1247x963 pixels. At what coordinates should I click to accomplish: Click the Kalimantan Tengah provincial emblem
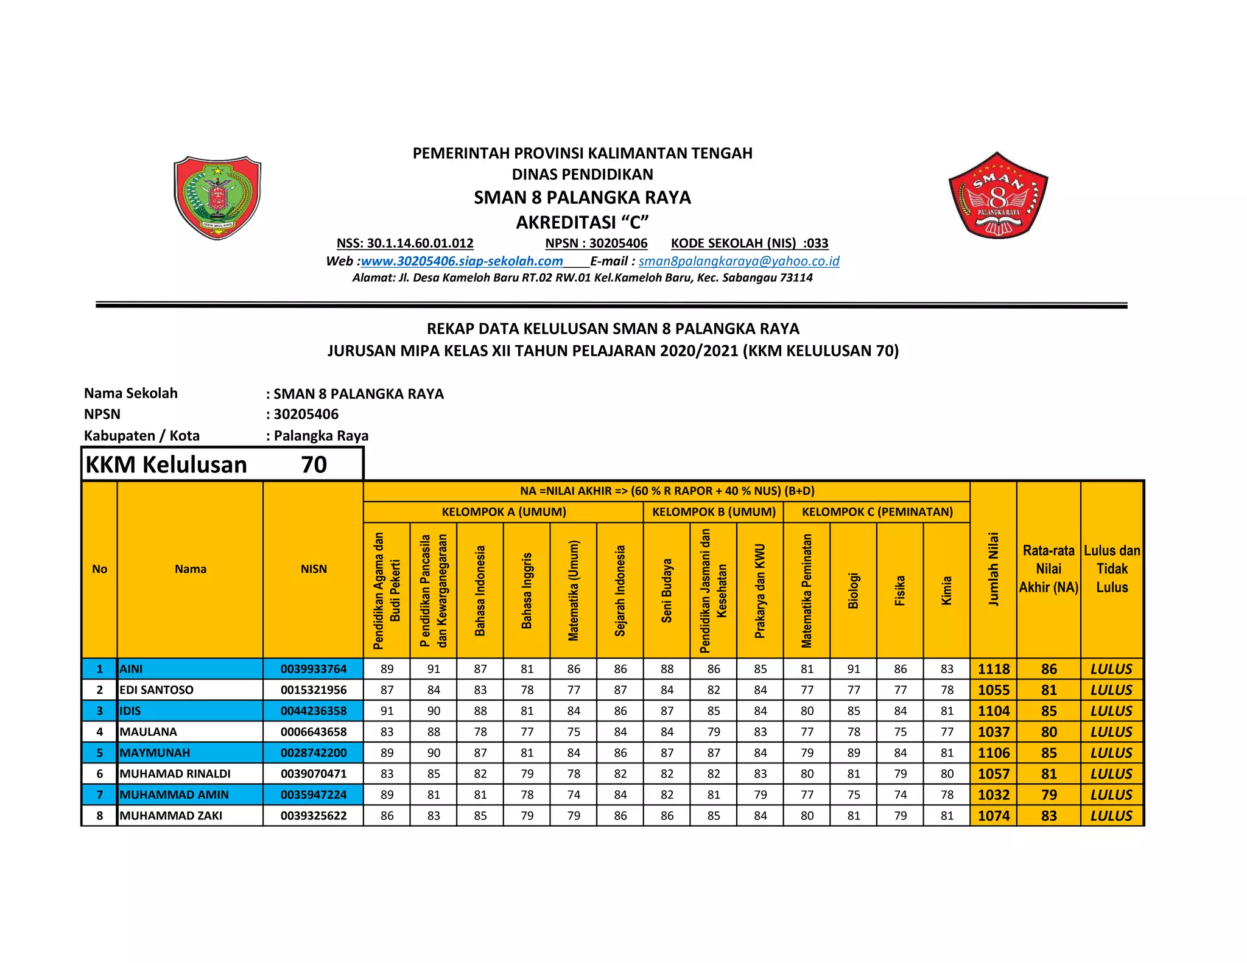(217, 197)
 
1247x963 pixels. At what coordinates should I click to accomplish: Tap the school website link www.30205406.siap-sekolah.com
(462, 261)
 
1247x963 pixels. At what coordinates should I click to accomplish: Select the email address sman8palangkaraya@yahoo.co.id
(739, 261)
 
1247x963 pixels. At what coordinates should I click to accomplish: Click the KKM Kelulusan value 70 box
(314, 464)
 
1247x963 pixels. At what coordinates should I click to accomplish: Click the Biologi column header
(854, 590)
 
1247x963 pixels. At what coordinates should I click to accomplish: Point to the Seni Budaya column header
(667, 590)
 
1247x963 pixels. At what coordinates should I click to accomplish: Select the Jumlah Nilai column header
(993, 569)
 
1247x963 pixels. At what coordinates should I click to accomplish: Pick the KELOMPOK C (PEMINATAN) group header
(877, 512)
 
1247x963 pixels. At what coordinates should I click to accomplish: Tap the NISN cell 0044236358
(313, 710)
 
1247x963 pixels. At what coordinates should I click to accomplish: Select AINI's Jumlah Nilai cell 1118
(993, 669)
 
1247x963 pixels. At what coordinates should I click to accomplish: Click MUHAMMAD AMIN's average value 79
(1049, 794)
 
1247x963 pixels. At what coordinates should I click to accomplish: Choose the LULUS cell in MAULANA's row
(1111, 732)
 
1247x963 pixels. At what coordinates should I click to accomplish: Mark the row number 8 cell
(100, 816)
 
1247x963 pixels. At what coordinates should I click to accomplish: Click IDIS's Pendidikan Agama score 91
(387, 710)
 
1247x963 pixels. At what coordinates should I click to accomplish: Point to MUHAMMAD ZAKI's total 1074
(993, 816)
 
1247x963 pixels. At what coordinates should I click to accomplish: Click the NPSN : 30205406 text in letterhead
(596, 243)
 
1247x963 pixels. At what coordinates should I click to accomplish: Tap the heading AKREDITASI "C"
(582, 222)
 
